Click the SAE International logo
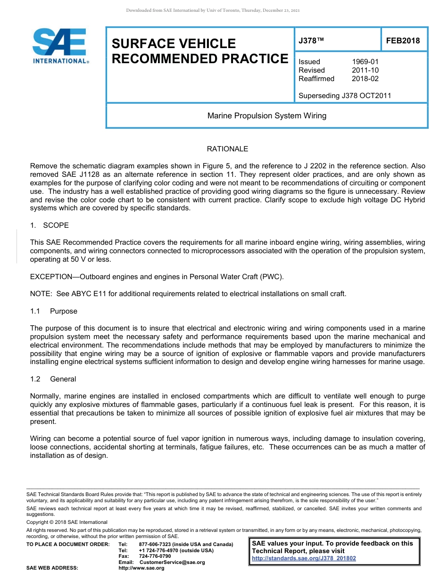[x=60, y=46]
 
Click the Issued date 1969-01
[x=365, y=62]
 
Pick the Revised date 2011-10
[x=365, y=70]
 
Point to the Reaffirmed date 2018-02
[x=365, y=79]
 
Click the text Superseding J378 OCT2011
[x=345, y=96]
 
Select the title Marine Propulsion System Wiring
[x=267, y=116]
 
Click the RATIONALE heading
[x=227, y=149]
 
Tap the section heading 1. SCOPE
[x=50, y=225]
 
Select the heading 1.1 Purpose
[x=53, y=311]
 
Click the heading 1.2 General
[x=53, y=379]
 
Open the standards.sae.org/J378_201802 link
[x=304, y=558]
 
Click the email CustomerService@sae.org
[x=172, y=562]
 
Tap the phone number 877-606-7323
[x=155, y=545]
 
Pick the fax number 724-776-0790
[x=155, y=556]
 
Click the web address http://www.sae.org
[x=141, y=568]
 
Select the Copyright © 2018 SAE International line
[x=67, y=522]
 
